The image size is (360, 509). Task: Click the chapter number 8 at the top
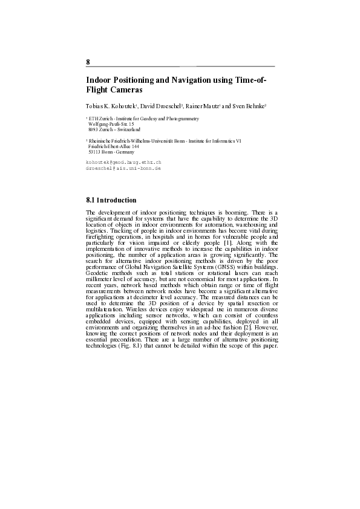click(88, 62)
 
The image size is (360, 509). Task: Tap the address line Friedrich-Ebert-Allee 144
click(114, 146)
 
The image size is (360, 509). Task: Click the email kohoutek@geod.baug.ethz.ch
click(124, 163)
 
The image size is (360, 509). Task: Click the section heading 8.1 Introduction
click(111, 200)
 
